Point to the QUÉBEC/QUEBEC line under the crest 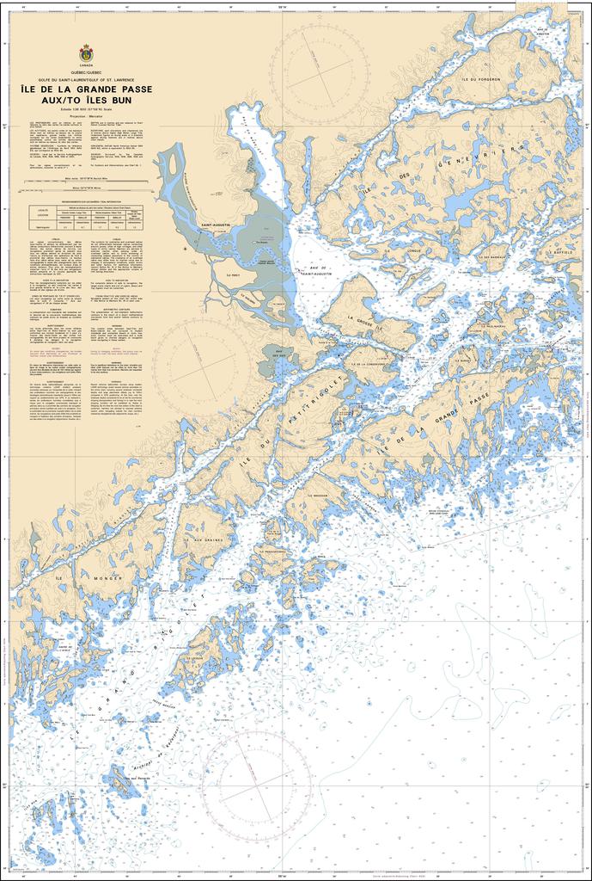point(87,73)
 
